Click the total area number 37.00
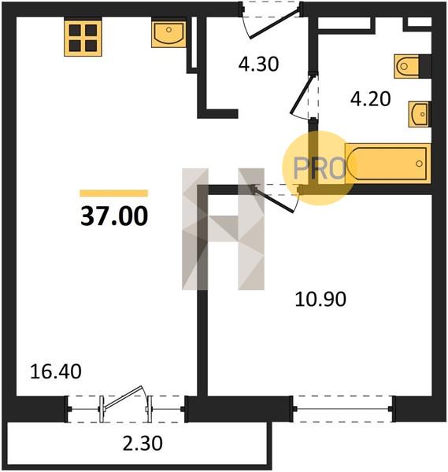pyautogui.click(x=114, y=216)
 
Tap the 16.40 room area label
pyautogui.click(x=56, y=371)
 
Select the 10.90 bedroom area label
pyautogui.click(x=320, y=299)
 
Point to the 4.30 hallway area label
pyautogui.click(x=258, y=65)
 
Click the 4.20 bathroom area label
pyautogui.click(x=371, y=99)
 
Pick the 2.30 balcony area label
pyautogui.click(x=143, y=444)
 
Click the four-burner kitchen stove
pyautogui.click(x=83, y=38)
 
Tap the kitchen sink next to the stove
pyautogui.click(x=168, y=34)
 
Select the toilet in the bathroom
pyautogui.click(x=406, y=66)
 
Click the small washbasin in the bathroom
pyautogui.click(x=419, y=114)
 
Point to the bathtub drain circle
pyautogui.click(x=419, y=164)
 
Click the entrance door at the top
pyautogui.click(x=276, y=24)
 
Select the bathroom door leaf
pyautogui.click(x=302, y=95)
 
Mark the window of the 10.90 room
pyautogui.click(x=342, y=409)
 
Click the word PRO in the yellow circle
pyautogui.click(x=319, y=168)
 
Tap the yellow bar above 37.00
pyautogui.click(x=114, y=193)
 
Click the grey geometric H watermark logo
pyautogui.click(x=224, y=229)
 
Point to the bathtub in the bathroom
pyautogui.click(x=388, y=164)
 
